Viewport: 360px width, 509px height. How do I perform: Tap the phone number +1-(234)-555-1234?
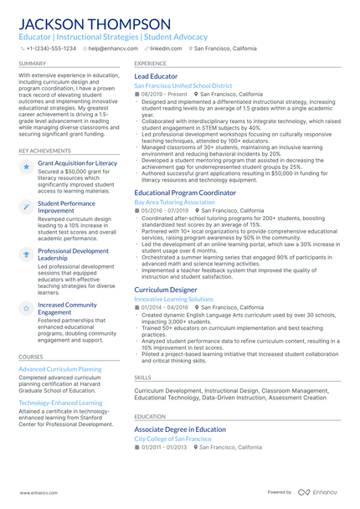pos(51,49)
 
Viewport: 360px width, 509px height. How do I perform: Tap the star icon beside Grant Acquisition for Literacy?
pos(27,167)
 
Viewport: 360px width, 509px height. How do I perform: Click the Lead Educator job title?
pos(156,76)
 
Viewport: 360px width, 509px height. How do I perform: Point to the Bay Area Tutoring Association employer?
pos(174,202)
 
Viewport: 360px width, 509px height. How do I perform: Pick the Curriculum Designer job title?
pos(166,290)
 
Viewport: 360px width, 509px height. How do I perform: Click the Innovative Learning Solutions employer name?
pos(173,299)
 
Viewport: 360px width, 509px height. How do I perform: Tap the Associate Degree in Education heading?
pos(180,429)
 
